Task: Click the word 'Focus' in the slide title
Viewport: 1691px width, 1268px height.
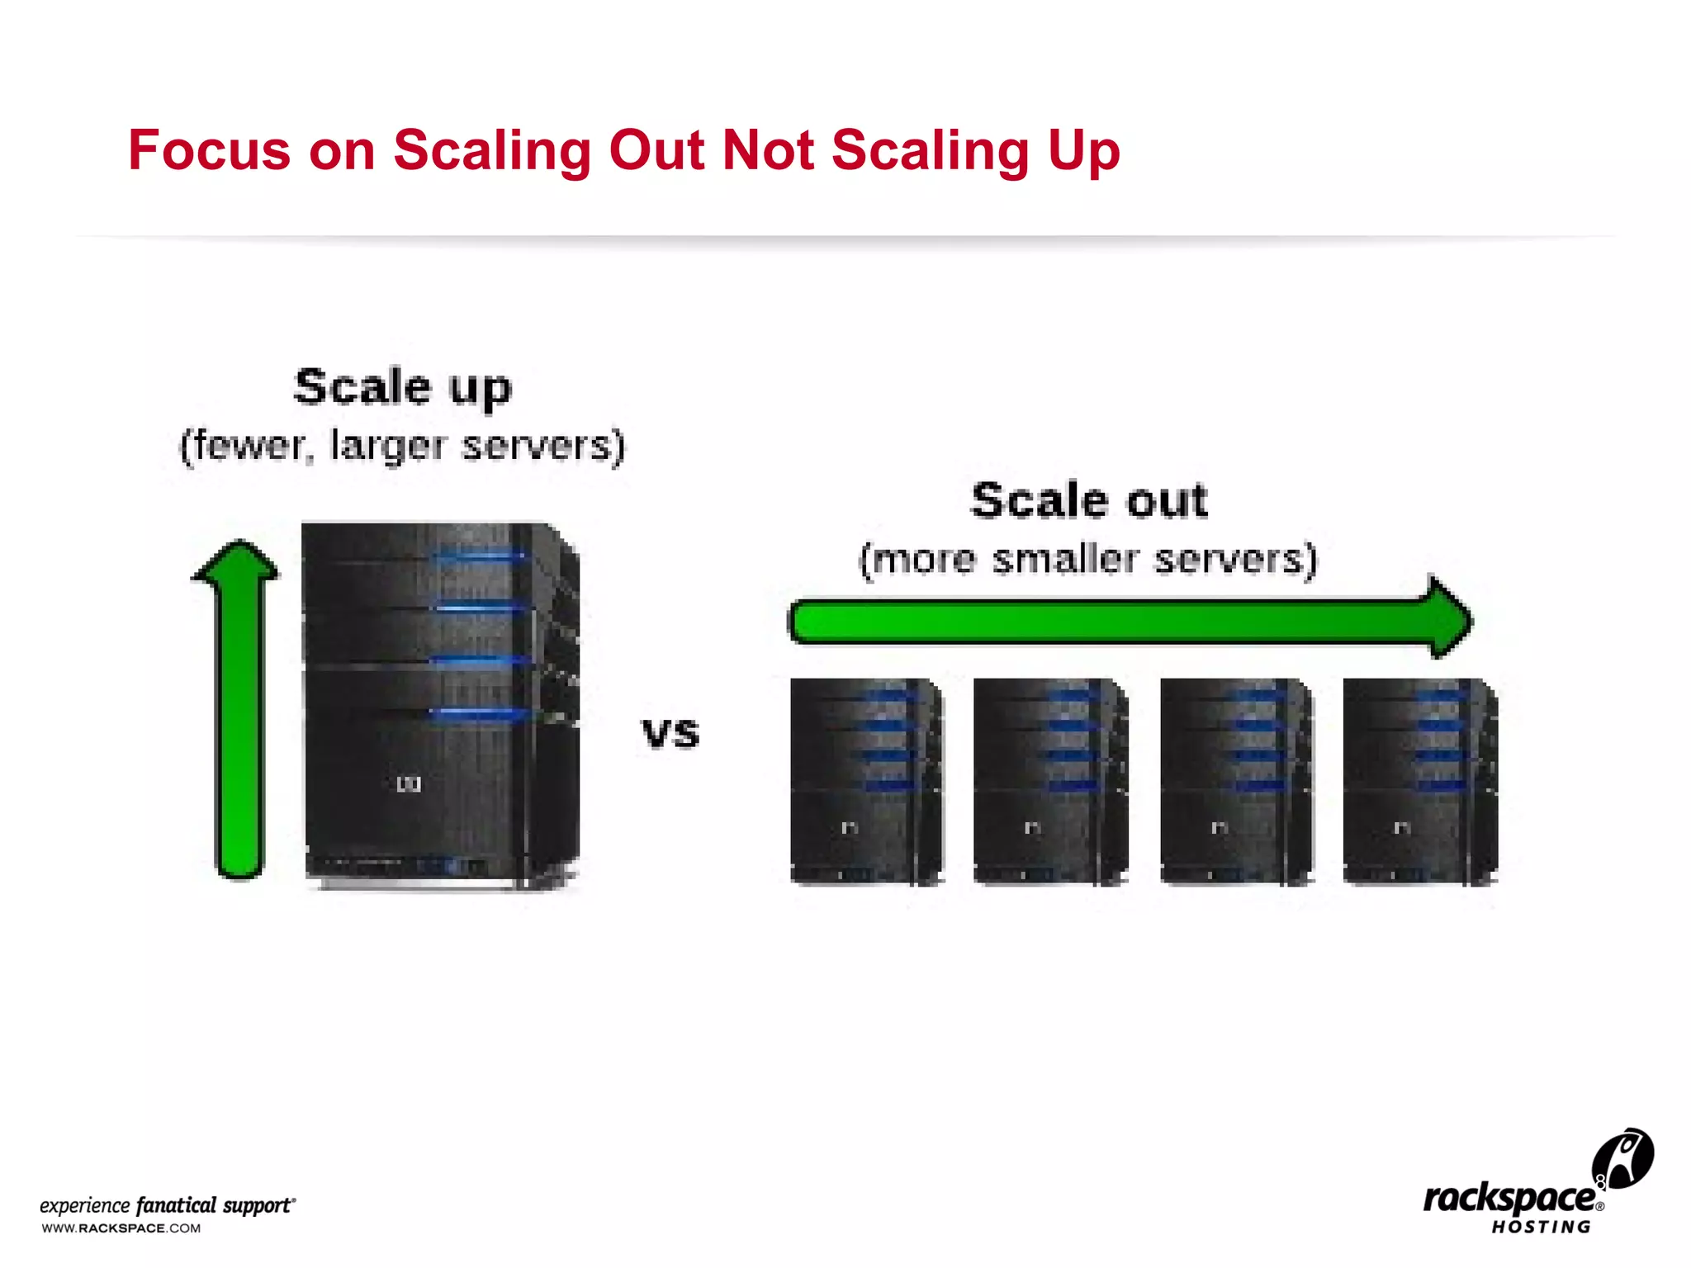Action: [209, 151]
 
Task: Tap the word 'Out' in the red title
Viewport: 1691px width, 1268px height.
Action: [656, 151]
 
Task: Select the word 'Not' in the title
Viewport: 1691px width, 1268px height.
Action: [768, 151]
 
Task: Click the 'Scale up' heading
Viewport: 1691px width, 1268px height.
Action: [403, 388]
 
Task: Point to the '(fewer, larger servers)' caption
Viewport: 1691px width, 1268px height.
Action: [403, 446]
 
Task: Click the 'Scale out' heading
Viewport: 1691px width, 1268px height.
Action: [1089, 501]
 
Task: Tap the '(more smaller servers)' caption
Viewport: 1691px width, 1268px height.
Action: [1088, 560]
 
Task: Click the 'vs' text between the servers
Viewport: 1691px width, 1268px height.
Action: [670, 733]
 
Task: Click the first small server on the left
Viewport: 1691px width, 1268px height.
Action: [866, 781]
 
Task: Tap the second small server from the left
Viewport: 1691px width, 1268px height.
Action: [1050, 781]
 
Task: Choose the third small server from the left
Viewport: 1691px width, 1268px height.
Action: [1236, 781]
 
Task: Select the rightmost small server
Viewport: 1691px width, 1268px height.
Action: [1420, 781]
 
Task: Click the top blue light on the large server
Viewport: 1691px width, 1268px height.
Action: [479, 556]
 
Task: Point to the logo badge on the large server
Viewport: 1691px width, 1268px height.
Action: [409, 784]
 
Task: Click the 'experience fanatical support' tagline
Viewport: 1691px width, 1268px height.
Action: [168, 1205]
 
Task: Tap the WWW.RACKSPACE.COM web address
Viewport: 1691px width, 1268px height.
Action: [121, 1228]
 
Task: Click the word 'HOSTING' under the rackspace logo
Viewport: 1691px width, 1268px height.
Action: [1541, 1228]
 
